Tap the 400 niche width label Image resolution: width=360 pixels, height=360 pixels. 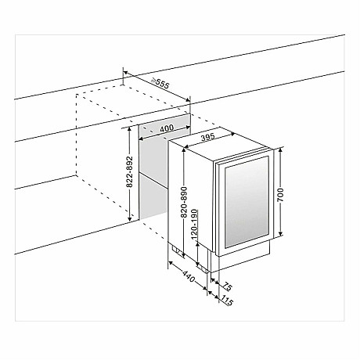[164, 128]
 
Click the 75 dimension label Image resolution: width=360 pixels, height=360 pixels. [228, 286]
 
